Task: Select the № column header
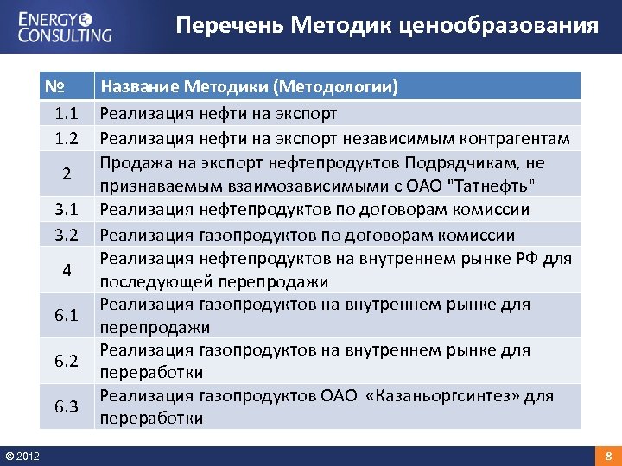pos(57,87)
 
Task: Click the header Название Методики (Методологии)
pos(249,87)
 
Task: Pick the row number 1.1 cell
pos(67,114)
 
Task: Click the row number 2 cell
pos(67,173)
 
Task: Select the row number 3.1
pos(67,210)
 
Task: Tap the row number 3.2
pos(67,235)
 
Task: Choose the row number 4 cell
pos(67,270)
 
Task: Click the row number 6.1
pos(67,316)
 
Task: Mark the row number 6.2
pos(67,362)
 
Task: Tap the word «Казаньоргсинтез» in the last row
pos(451,396)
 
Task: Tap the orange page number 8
pos(608,455)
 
